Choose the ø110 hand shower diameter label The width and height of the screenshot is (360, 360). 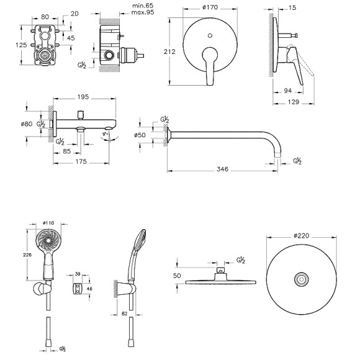(x=49, y=223)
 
